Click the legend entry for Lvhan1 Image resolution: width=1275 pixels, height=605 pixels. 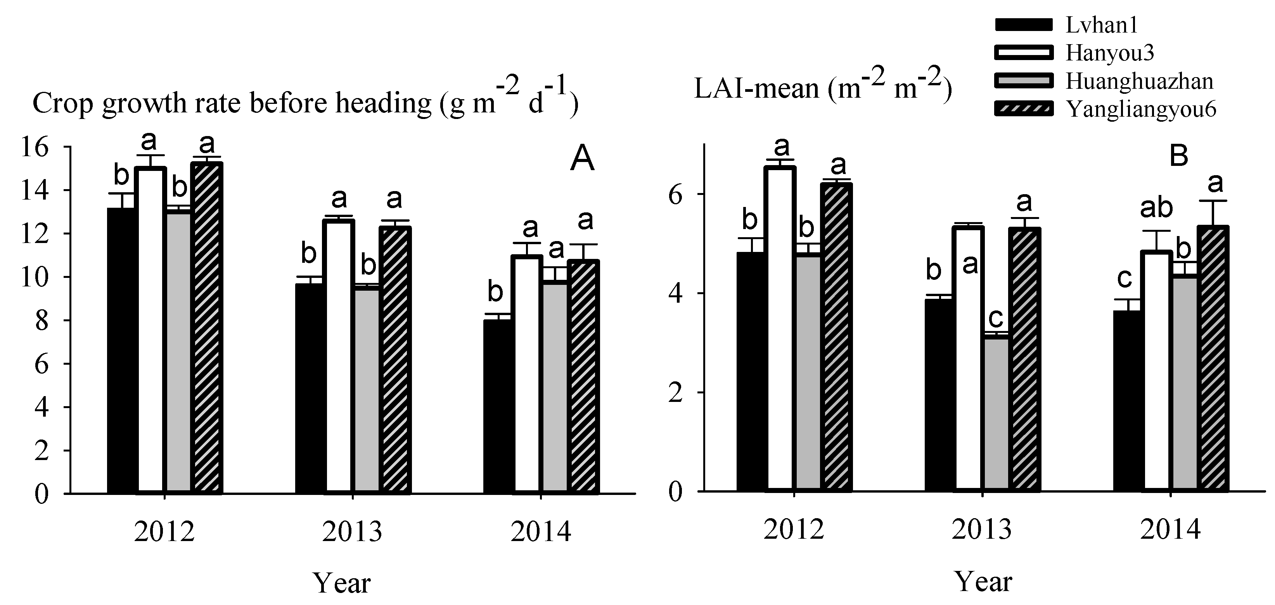[x=1101, y=25]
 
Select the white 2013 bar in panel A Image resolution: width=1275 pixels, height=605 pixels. [x=339, y=356]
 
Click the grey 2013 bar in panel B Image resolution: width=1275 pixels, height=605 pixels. [x=996, y=413]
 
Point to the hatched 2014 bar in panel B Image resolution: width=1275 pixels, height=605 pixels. [x=1213, y=359]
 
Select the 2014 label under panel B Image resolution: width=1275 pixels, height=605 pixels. [x=1171, y=530]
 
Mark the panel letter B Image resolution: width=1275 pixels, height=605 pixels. [x=1178, y=156]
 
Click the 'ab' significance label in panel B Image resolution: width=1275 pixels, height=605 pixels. [x=1156, y=208]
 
